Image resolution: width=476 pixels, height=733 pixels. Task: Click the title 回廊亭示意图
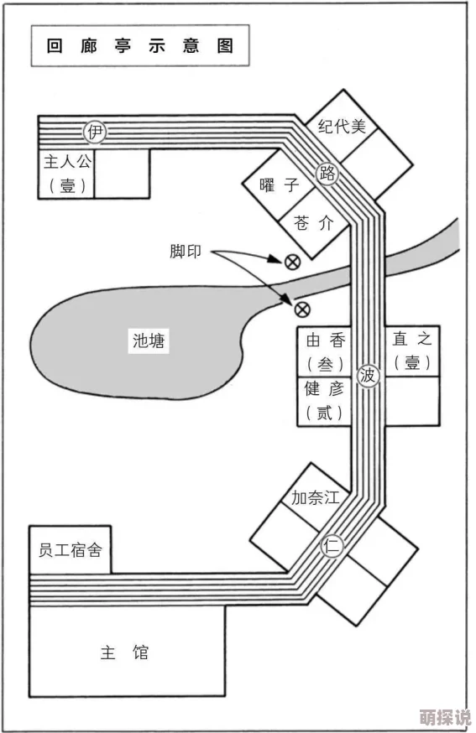tap(139, 45)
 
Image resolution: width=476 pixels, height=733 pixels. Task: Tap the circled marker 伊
tap(96, 131)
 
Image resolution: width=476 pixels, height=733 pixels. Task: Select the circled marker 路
tap(327, 174)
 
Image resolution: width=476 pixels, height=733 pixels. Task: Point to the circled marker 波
tap(368, 375)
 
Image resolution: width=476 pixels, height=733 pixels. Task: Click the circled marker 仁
tap(332, 546)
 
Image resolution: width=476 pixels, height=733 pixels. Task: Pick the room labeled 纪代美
tap(343, 127)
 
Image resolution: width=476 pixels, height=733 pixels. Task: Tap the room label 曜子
tap(280, 185)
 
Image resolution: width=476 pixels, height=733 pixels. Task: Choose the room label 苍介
tap(313, 223)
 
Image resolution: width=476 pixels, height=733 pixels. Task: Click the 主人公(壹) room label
tap(68, 174)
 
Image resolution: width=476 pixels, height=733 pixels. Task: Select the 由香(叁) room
tap(325, 351)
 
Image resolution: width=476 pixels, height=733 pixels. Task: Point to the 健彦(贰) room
tap(325, 400)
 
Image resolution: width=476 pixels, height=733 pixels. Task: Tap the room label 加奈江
tap(315, 496)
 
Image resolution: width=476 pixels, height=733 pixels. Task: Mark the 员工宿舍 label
tap(71, 551)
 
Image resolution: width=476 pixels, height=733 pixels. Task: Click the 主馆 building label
tap(125, 652)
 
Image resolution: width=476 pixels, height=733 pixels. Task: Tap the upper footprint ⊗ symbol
tap(292, 262)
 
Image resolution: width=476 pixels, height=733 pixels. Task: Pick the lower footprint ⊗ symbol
tap(301, 309)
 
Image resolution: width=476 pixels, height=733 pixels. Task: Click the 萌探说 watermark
tap(446, 719)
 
